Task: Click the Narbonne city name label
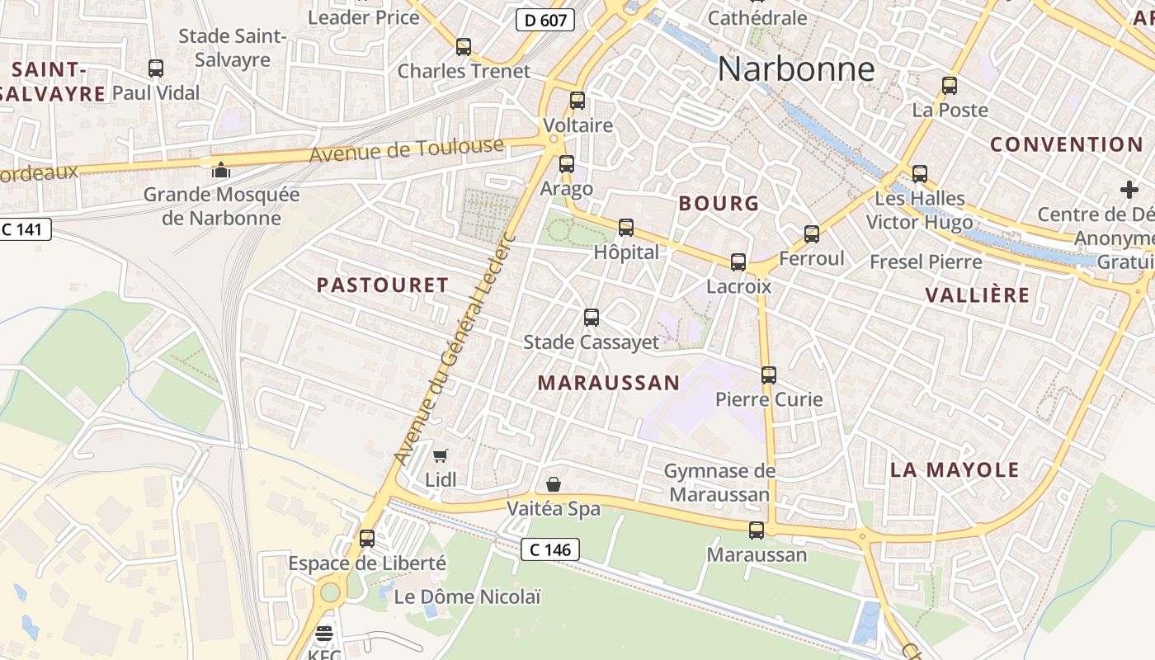[795, 69]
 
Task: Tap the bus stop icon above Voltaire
[577, 101]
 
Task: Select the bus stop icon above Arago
[566, 164]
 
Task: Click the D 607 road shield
[545, 20]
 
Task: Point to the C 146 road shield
[550, 549]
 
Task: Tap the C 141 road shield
[25, 229]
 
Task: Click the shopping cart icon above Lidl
[441, 455]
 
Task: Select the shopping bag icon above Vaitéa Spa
[554, 484]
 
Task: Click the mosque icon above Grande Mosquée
[221, 170]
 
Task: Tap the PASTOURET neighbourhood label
[383, 285]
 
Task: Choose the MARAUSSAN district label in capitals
[609, 383]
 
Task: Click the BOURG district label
[719, 204]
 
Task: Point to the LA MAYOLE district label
[955, 470]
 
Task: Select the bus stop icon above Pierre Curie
[769, 375]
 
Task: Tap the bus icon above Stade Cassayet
[591, 317]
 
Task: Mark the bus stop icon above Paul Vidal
[156, 68]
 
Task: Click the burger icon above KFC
[324, 634]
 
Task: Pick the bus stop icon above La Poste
[950, 85]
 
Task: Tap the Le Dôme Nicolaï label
[467, 596]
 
